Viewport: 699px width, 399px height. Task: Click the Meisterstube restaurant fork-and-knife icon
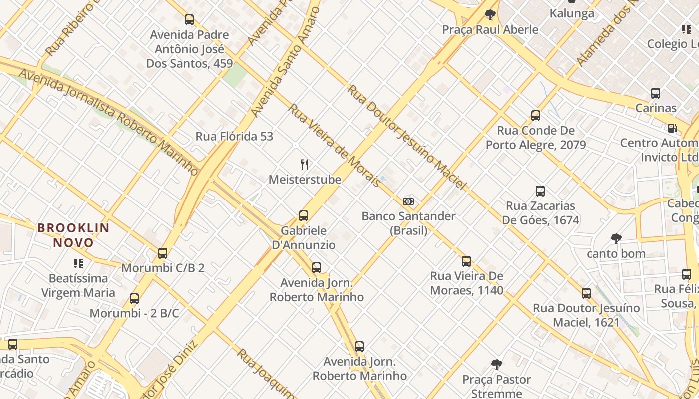[305, 164]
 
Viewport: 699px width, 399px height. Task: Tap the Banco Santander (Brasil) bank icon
[408, 201]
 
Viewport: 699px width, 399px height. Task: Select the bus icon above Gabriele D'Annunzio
[304, 216]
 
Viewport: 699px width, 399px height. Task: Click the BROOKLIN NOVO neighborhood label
[73, 235]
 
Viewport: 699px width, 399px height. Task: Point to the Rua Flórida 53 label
[234, 136]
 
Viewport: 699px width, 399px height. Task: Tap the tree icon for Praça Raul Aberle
[490, 14]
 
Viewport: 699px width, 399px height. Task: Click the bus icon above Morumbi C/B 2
[163, 253]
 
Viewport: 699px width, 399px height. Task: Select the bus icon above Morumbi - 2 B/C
[134, 299]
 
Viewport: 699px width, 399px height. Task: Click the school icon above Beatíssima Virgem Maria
[78, 263]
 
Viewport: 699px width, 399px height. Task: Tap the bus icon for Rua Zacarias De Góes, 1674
[540, 191]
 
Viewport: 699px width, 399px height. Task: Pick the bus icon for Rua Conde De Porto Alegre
[536, 116]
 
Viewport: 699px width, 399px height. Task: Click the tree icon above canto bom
[616, 239]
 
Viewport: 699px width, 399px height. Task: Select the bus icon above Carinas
[656, 93]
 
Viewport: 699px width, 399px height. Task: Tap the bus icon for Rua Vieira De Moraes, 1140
[466, 261]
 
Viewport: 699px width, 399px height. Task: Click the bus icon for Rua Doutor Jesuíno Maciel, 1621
[586, 293]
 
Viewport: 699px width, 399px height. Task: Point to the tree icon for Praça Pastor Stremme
[496, 365]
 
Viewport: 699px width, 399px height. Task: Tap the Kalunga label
[572, 13]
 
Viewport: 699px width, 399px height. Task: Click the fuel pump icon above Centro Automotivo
[673, 128]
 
